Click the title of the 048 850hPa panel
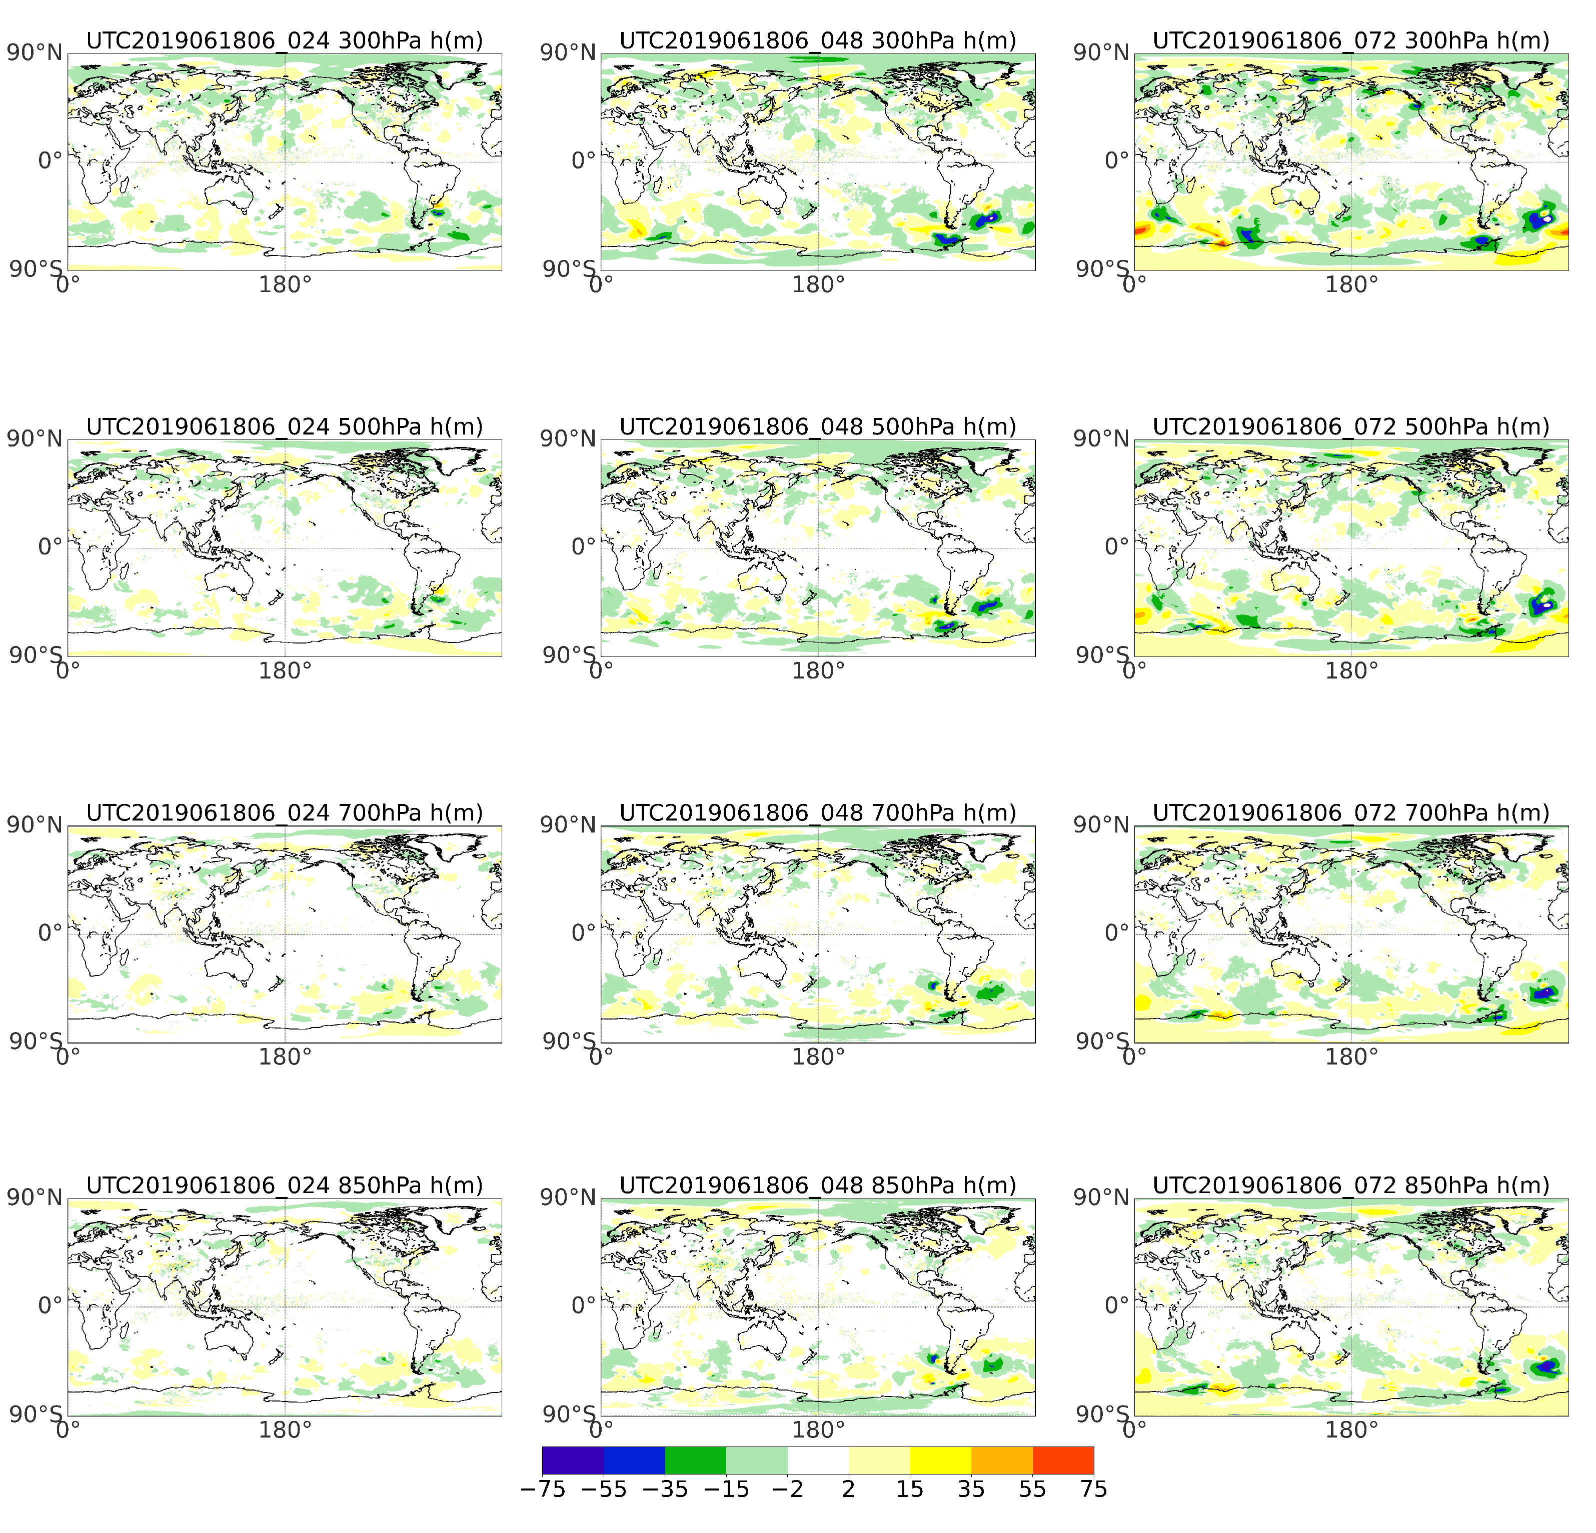[818, 1185]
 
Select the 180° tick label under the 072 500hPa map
[1352, 671]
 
